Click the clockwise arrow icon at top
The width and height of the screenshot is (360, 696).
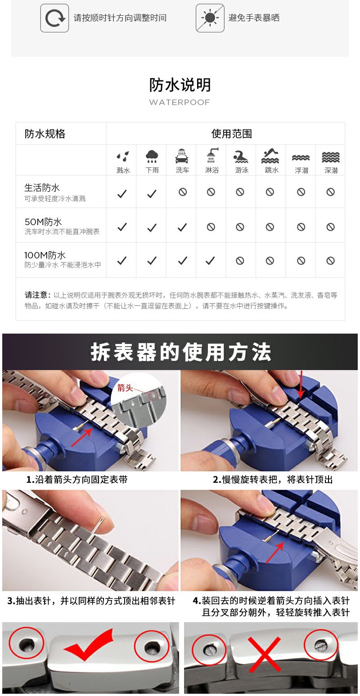(x=54, y=18)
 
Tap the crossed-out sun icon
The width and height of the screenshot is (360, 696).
(x=210, y=18)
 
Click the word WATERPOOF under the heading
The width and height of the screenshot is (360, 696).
(x=180, y=102)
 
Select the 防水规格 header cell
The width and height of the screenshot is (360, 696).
(x=45, y=134)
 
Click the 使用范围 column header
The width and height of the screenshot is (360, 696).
(x=231, y=134)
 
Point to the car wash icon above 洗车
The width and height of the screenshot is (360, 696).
(x=182, y=156)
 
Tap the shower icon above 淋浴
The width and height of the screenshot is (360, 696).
(x=212, y=155)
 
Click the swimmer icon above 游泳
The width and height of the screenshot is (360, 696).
(x=241, y=157)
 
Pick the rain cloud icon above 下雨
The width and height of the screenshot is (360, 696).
(x=152, y=156)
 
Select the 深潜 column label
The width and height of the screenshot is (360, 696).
(x=331, y=170)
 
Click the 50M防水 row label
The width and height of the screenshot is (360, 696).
(x=43, y=222)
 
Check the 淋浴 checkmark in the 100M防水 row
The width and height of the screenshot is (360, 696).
(x=210, y=260)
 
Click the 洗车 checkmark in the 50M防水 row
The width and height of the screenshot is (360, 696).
(x=182, y=227)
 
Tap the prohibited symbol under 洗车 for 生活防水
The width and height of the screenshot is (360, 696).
(x=183, y=192)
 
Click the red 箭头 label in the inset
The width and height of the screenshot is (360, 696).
(x=125, y=388)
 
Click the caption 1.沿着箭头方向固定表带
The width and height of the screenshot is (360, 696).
(x=77, y=479)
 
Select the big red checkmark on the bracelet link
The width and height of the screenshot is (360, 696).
(x=89, y=645)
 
